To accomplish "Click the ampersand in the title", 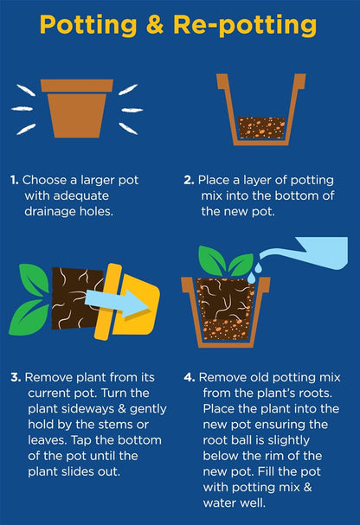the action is click(x=155, y=24).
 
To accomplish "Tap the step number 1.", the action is click(x=14, y=180).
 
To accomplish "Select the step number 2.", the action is click(x=189, y=180).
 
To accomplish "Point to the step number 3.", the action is click(x=16, y=377).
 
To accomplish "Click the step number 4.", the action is click(x=190, y=377).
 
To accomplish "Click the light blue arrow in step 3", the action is click(x=117, y=303).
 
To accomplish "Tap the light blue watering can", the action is click(x=304, y=253).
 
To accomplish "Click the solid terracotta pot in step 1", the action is click(x=77, y=108).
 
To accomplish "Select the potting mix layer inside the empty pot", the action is click(x=261, y=127).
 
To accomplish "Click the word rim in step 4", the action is click(x=286, y=456).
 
